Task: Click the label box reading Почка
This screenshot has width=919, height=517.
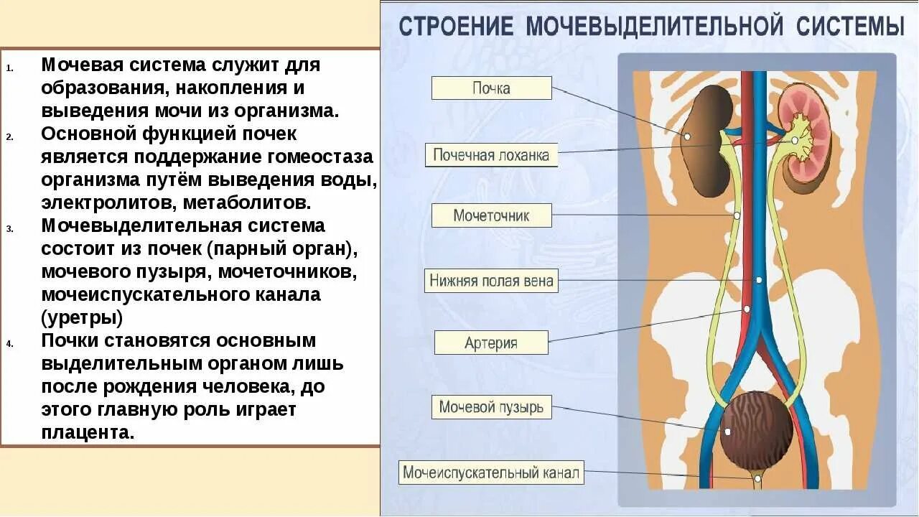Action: tap(491, 88)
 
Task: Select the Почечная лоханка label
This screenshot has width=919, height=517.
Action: tap(491, 155)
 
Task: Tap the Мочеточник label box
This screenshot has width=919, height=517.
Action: tap(491, 215)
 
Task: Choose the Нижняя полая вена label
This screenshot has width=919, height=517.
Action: tap(492, 280)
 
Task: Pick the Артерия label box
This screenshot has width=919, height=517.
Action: tap(491, 343)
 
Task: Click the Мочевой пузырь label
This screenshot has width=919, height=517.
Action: tap(492, 408)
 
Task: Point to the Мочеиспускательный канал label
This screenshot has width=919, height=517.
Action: tap(491, 473)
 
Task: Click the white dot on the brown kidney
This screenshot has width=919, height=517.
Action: tap(687, 136)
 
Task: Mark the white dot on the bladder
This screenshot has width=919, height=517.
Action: tap(728, 432)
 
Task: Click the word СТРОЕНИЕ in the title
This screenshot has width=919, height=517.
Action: tap(456, 27)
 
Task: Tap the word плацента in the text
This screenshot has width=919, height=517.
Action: tap(88, 432)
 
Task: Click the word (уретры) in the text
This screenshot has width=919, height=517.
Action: tap(82, 317)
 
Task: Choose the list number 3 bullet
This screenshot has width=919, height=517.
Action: tap(9, 230)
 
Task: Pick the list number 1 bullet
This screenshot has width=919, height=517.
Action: tap(9, 69)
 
